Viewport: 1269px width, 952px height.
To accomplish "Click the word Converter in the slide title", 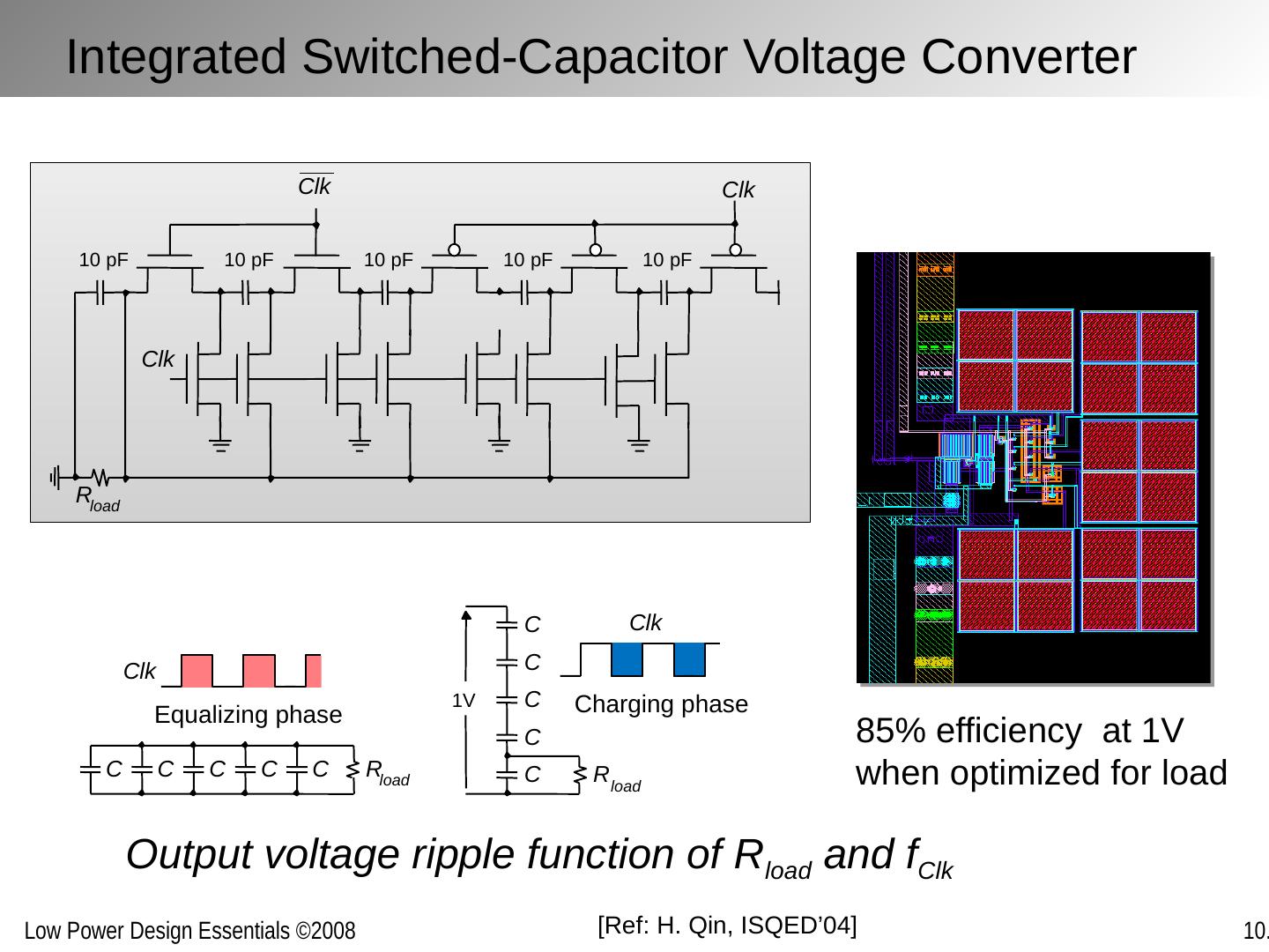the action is tap(1028, 57).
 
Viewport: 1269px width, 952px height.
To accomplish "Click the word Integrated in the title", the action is tap(176, 57).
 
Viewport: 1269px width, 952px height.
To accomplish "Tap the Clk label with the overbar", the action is tap(315, 185).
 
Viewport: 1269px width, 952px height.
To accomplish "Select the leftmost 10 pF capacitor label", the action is tap(103, 260).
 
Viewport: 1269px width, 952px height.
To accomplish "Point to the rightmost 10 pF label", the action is tap(667, 260).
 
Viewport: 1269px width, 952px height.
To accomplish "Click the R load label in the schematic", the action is tap(98, 499).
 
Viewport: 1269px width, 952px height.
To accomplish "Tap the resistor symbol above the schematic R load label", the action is tap(100, 478).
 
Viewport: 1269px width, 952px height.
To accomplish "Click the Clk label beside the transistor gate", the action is tap(157, 359).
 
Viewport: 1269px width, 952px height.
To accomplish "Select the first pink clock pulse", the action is tap(197, 671).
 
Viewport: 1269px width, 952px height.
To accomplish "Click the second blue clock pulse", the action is tap(689, 659).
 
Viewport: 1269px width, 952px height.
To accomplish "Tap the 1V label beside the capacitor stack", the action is tap(463, 701).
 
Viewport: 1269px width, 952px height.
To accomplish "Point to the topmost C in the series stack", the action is tap(532, 625).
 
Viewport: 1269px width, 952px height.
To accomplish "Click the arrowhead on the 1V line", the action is tap(466, 615).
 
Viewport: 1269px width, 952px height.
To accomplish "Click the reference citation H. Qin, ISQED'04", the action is tap(727, 926).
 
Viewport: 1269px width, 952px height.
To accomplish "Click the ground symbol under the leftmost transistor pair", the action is tap(220, 445).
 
